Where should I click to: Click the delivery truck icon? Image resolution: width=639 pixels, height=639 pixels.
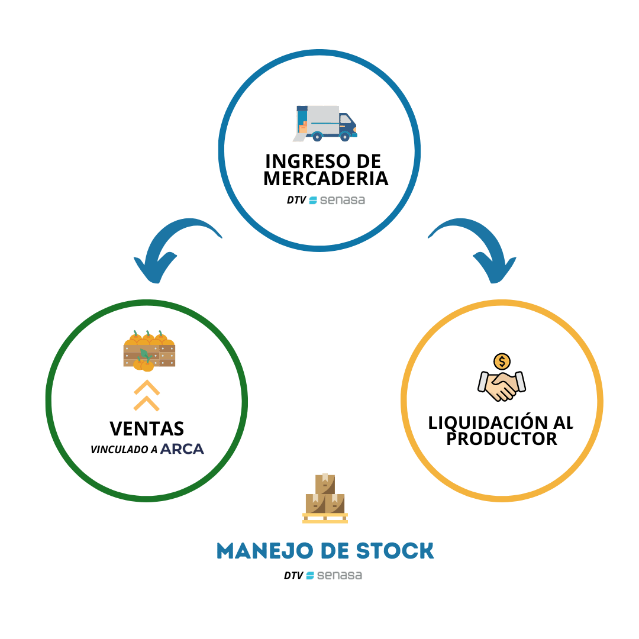pos(325,123)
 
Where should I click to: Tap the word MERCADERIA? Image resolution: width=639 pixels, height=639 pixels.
pos(325,178)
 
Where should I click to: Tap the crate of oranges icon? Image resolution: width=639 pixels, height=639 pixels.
pos(149,351)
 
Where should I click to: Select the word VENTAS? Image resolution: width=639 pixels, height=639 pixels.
pos(147,428)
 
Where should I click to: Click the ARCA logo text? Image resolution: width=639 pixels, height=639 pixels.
pos(182,449)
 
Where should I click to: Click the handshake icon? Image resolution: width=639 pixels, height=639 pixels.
pos(502,385)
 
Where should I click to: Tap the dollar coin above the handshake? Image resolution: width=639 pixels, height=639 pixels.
pos(502,361)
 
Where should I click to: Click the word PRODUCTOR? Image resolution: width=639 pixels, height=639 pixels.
pos(501,438)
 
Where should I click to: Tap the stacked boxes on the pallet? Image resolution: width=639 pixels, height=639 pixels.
pos(325,498)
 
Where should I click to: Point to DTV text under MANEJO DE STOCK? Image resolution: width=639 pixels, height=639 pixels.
pos(293,575)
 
